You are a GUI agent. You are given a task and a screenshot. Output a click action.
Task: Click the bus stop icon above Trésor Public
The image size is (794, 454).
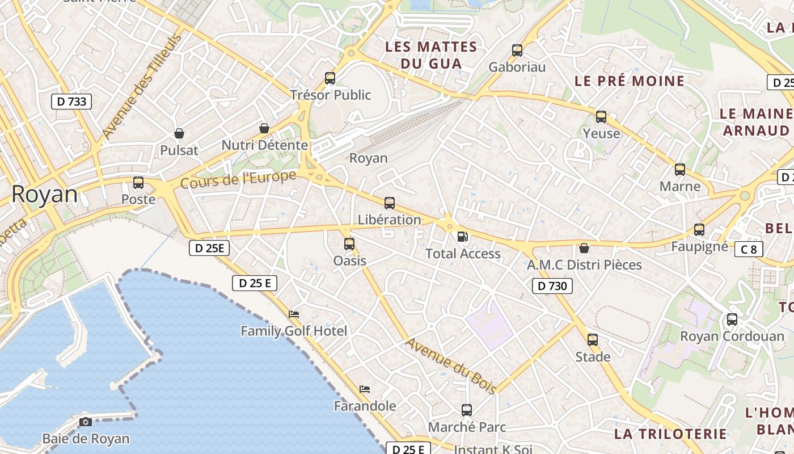(x=330, y=78)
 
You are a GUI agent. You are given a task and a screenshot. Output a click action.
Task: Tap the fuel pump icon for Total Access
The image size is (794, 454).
(x=463, y=237)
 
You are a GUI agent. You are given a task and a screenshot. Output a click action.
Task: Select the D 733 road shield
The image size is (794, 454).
(x=71, y=102)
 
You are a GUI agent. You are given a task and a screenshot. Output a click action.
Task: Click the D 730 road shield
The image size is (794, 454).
(x=552, y=286)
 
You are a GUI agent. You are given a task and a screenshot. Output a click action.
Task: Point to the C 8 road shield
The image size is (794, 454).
(x=749, y=249)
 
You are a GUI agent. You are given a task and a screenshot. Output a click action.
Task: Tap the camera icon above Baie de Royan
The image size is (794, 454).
(x=86, y=422)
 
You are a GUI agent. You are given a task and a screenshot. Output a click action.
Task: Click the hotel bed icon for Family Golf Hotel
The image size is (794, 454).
(x=294, y=314)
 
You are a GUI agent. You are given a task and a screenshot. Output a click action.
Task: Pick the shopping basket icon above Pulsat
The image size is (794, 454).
(x=179, y=133)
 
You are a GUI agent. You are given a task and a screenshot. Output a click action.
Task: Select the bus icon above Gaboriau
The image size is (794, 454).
(x=517, y=51)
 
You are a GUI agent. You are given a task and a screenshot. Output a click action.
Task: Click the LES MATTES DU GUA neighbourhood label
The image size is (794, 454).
(x=431, y=55)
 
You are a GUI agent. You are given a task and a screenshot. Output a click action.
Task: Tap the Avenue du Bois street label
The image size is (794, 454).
(x=451, y=366)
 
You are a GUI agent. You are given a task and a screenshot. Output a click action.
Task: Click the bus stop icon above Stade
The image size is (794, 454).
(x=593, y=340)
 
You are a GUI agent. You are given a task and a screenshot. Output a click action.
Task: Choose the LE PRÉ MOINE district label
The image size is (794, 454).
(x=630, y=81)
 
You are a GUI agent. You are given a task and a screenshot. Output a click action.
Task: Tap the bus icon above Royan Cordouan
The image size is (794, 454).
(x=732, y=320)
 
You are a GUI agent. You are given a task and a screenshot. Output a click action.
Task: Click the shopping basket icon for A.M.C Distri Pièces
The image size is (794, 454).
(x=584, y=248)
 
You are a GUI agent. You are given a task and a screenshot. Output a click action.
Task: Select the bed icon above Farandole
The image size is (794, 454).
(x=365, y=389)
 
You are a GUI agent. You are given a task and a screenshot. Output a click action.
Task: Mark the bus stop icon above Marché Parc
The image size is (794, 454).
(x=467, y=410)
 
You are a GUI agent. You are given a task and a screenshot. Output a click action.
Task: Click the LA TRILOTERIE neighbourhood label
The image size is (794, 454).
(x=670, y=434)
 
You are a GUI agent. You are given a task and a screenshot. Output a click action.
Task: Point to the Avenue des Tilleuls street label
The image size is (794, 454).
(x=142, y=87)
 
